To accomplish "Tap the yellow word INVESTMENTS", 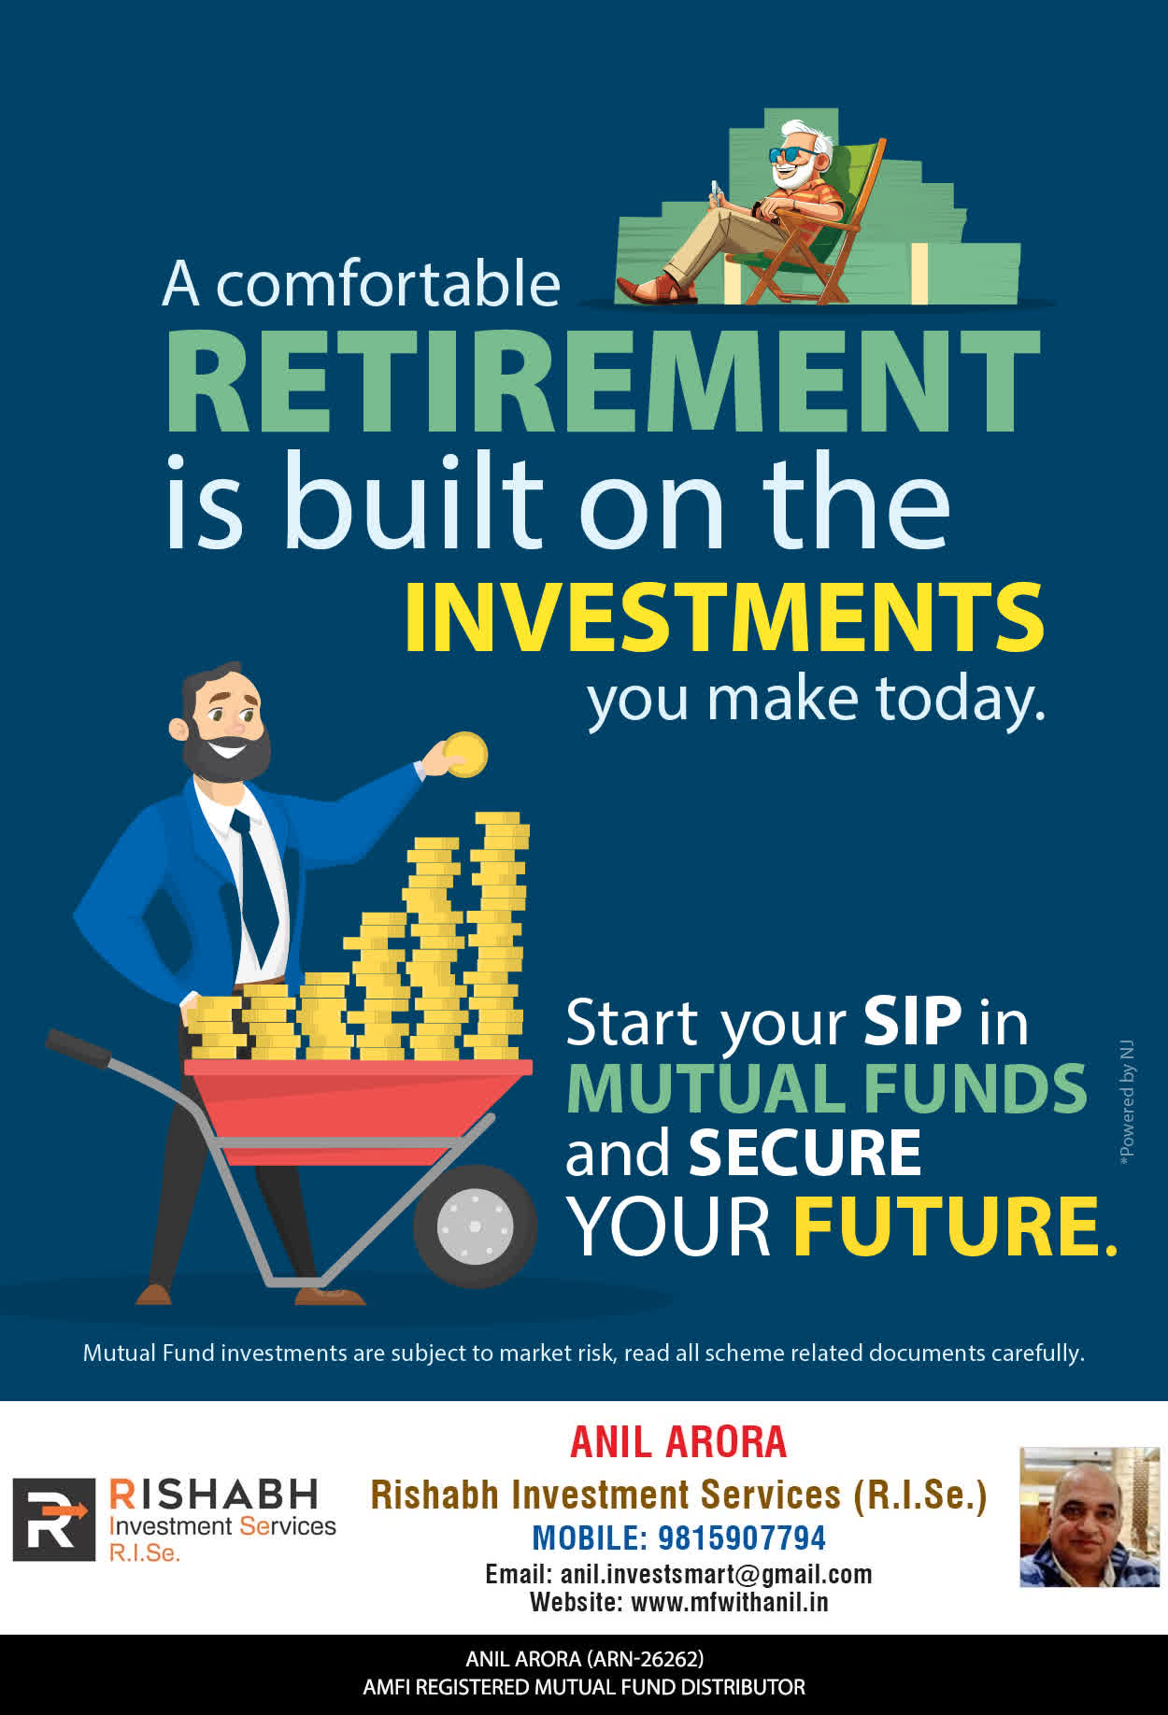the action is click(x=724, y=617).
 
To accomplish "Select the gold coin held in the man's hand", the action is click(x=465, y=755).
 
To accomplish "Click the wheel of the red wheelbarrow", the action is click(x=475, y=1225).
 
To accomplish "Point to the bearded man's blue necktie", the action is click(x=255, y=883).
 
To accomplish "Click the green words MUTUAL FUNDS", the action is click(x=827, y=1088).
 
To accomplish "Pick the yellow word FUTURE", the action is click(x=955, y=1226).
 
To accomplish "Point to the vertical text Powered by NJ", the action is click(x=1127, y=1101).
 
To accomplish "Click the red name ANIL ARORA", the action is click(x=678, y=1441).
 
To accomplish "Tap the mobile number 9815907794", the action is click(x=742, y=1538).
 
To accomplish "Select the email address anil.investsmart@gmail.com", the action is click(x=716, y=1574).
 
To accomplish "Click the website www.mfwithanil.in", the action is click(x=730, y=1602).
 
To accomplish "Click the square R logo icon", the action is click(x=54, y=1520).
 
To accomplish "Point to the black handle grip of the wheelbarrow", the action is click(x=78, y=1047).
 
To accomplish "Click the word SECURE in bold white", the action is click(x=805, y=1153).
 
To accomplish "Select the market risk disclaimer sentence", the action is click(x=584, y=1353).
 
